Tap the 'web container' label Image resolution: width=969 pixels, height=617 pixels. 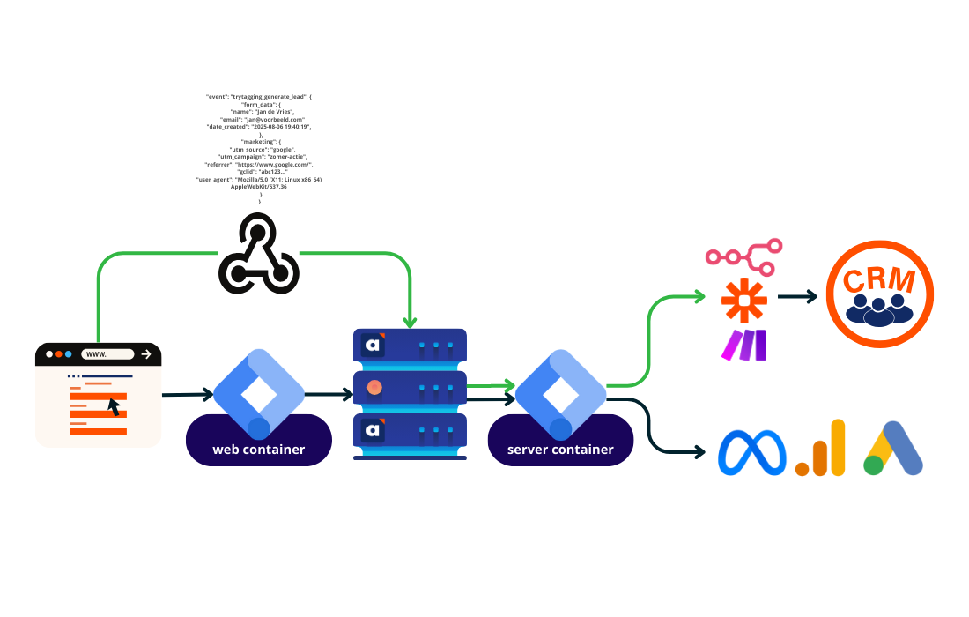click(x=258, y=450)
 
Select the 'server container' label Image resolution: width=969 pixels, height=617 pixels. click(x=560, y=450)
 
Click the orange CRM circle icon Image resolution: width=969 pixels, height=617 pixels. click(x=879, y=294)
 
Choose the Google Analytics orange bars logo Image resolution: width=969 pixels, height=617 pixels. click(x=820, y=449)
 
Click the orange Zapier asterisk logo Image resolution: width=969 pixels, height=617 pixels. click(x=744, y=301)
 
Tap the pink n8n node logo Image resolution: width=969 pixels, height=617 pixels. click(x=744, y=256)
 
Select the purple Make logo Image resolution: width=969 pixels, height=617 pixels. click(x=744, y=346)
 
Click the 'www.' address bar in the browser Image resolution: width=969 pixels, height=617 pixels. click(x=107, y=354)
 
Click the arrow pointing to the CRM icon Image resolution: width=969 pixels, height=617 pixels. click(x=796, y=296)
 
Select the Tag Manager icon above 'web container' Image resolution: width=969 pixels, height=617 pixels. click(x=258, y=392)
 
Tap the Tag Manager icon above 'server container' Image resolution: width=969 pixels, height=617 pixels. click(x=560, y=392)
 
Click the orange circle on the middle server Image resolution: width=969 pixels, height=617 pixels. click(x=374, y=387)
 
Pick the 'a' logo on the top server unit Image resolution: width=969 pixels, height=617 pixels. click(x=374, y=345)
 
